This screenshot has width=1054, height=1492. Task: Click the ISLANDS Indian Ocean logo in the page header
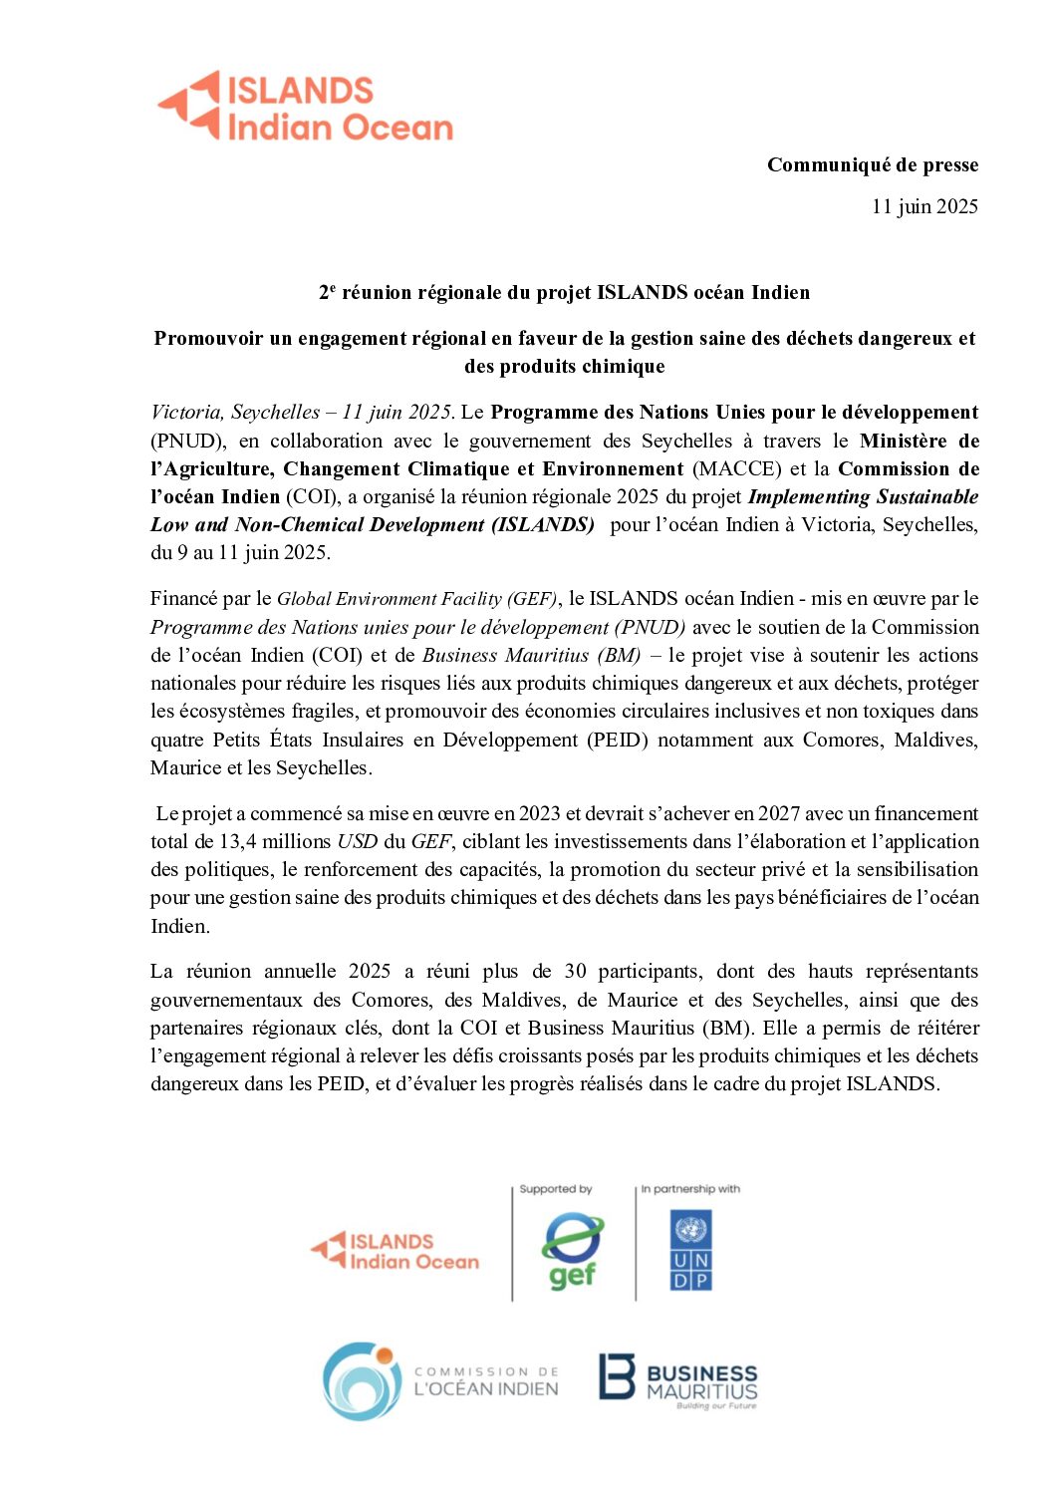coord(305,106)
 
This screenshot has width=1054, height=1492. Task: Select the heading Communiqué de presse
coord(872,165)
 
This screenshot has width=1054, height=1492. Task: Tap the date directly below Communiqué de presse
coord(923,206)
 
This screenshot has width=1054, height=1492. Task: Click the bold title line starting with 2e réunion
coord(564,292)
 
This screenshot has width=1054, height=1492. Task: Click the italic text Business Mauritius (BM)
coord(531,655)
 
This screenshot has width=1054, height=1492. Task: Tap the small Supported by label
coord(556,1189)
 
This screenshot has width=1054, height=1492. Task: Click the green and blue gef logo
coord(572,1251)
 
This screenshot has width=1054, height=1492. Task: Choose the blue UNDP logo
coord(690,1250)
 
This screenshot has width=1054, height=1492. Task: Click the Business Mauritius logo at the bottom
coord(677,1380)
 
